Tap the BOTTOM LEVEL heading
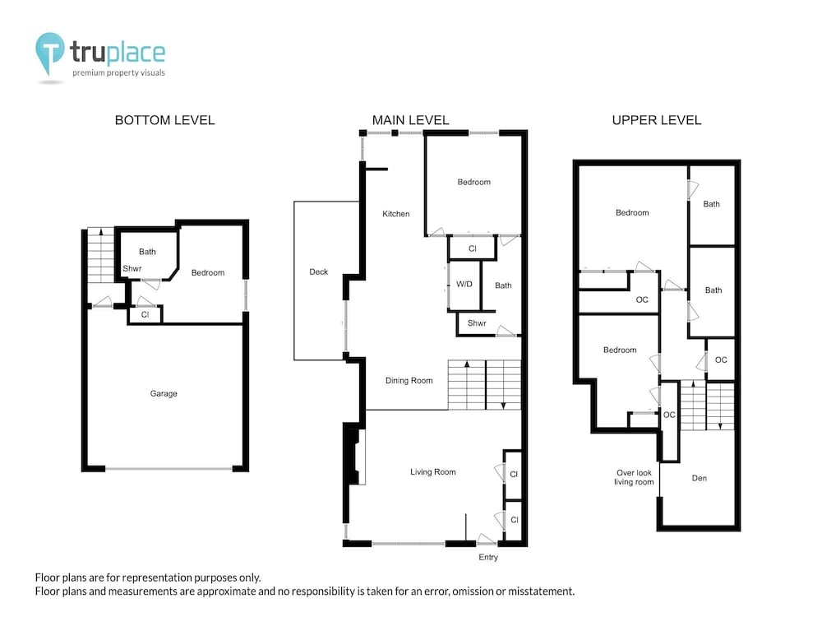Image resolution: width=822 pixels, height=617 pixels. click(x=164, y=120)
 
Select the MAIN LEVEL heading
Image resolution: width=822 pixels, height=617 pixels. click(x=410, y=120)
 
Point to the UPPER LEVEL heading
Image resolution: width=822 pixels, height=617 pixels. click(x=656, y=120)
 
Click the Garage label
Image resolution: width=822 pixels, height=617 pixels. click(x=164, y=393)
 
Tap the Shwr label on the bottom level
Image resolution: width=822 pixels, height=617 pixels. click(x=132, y=269)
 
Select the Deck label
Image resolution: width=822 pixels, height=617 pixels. click(x=319, y=271)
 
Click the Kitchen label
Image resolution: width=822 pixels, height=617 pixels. click(x=396, y=214)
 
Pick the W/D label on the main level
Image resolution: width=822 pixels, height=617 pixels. click(x=464, y=284)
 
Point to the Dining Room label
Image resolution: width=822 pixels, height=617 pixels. click(x=409, y=380)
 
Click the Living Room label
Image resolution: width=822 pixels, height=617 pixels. click(x=433, y=472)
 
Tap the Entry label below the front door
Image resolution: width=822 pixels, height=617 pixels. click(x=488, y=557)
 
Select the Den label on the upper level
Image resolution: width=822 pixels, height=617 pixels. click(x=700, y=478)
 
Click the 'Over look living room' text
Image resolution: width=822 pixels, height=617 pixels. click(x=635, y=477)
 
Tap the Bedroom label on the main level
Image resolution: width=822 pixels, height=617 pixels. click(x=474, y=182)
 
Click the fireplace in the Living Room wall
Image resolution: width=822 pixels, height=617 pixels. click(x=355, y=457)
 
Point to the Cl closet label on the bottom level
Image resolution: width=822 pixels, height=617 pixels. click(x=145, y=315)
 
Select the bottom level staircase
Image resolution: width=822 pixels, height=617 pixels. click(x=100, y=255)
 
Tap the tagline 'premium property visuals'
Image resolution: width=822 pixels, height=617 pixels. click(x=118, y=73)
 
